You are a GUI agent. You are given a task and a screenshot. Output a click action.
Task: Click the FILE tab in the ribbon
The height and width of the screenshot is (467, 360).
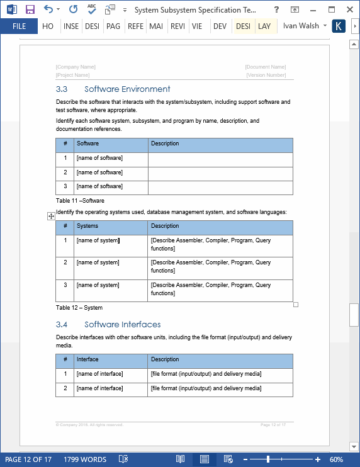pos(19,26)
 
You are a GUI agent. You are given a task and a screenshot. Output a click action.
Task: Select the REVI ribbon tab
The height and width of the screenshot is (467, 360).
pos(177,26)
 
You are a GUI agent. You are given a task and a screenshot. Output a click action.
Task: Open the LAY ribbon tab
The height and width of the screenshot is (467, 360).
pos(264,26)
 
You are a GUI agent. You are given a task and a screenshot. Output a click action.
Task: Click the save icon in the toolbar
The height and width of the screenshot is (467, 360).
pos(30,9)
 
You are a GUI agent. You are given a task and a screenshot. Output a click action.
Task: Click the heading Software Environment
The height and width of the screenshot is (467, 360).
pos(127,89)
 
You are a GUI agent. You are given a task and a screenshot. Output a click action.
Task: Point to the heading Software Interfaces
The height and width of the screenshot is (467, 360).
pos(122,325)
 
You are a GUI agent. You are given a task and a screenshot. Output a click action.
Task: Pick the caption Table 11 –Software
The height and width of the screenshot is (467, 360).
pos(80,201)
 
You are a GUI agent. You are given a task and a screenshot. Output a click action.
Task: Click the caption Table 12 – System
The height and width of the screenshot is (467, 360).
pos(79,308)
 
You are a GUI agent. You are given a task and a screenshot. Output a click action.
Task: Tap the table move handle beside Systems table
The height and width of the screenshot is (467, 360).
pos(51,216)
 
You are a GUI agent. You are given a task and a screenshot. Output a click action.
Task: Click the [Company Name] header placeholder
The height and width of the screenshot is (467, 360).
pos(76,67)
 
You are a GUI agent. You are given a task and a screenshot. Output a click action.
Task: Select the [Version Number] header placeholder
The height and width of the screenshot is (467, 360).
pos(266,75)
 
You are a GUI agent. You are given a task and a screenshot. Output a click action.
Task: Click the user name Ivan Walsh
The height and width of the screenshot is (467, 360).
pos(301,26)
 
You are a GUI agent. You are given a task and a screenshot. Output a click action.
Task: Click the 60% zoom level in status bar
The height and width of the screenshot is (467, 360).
pos(336,459)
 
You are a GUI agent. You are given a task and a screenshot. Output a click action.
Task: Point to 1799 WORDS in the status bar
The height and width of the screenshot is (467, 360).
pos(84,459)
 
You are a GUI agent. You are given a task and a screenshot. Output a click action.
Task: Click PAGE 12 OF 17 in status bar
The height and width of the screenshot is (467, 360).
pos(28,459)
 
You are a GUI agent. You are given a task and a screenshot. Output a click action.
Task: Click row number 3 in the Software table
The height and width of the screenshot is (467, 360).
pos(65,186)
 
